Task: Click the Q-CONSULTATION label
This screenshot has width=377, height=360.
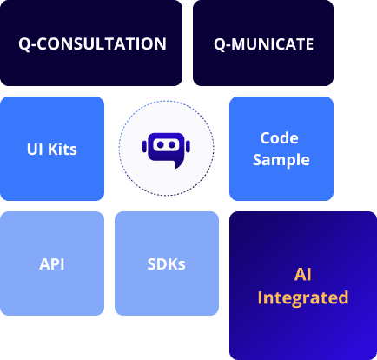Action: pyautogui.click(x=91, y=43)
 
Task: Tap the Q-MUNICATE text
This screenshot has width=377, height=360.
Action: pyautogui.click(x=263, y=43)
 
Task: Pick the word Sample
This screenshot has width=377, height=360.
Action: pyautogui.click(x=281, y=160)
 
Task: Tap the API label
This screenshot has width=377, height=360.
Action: pyautogui.click(x=52, y=263)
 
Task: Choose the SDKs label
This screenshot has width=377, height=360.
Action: pyautogui.click(x=166, y=263)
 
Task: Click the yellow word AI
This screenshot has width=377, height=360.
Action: pyautogui.click(x=302, y=275)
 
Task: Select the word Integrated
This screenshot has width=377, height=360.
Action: pyautogui.click(x=302, y=298)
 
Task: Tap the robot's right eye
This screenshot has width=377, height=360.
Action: pyautogui.click(x=171, y=145)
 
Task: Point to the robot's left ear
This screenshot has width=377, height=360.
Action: pyautogui.click(x=143, y=146)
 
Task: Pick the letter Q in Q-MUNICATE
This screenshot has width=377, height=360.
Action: pyautogui.click(x=219, y=43)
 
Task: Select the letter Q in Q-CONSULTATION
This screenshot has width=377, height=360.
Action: pyautogui.click(x=24, y=43)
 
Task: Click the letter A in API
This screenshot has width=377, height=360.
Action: pyautogui.click(x=43, y=263)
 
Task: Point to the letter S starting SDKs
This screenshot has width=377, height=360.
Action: pyautogui.click(x=151, y=263)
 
